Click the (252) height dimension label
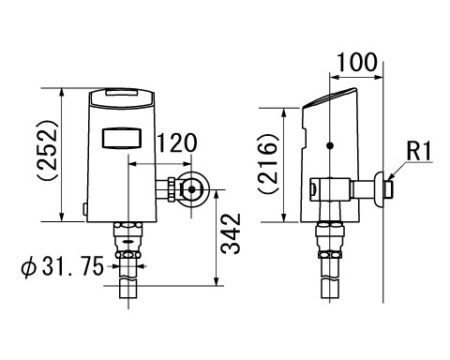click(48, 150)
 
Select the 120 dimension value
click(177, 143)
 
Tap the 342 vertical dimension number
click(232, 233)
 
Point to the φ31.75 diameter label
click(62, 266)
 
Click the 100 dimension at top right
click(357, 63)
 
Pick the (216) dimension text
click(268, 164)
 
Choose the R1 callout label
click(419, 151)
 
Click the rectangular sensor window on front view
click(122, 138)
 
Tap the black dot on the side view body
click(330, 145)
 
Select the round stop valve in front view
click(192, 189)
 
